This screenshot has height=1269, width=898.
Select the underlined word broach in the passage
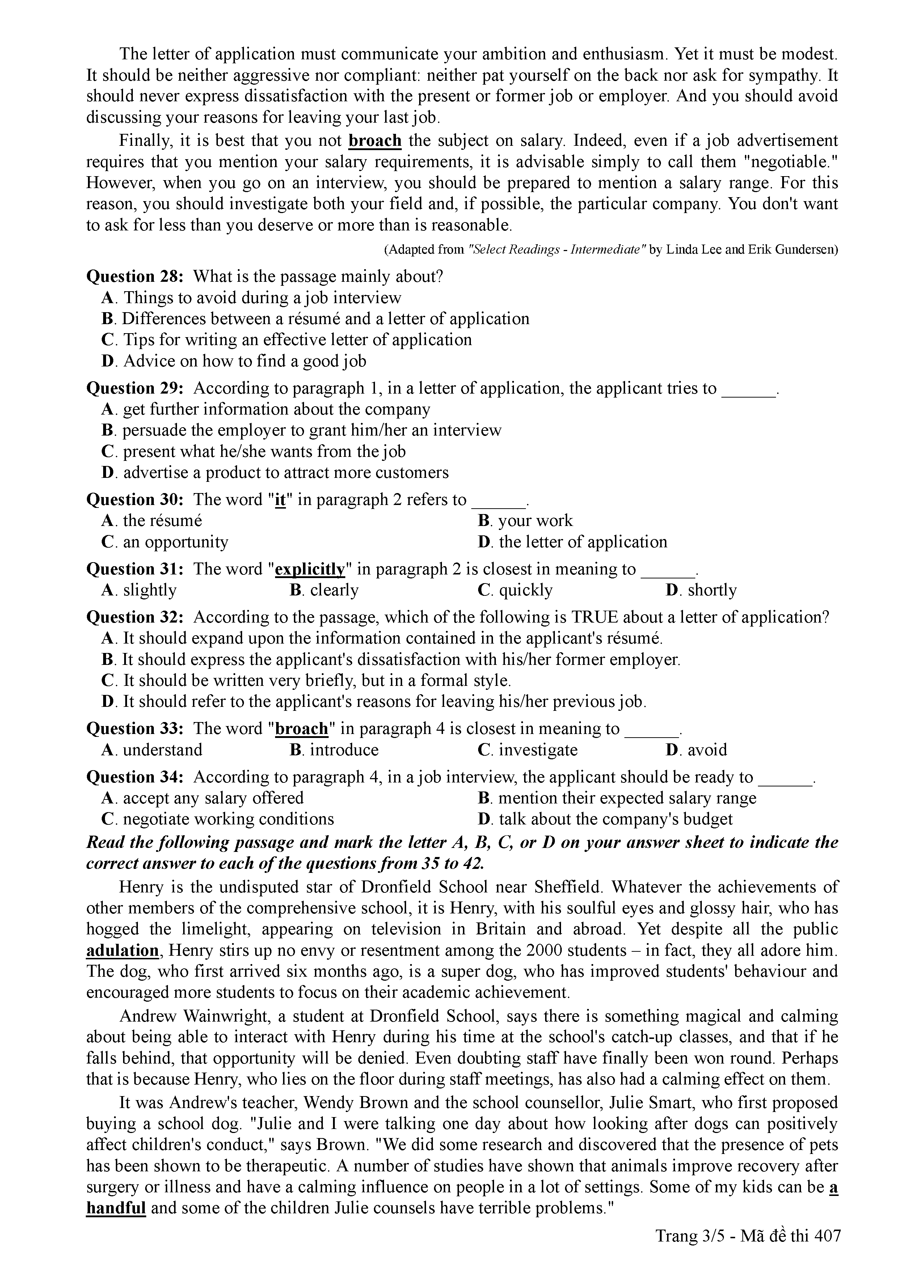(x=375, y=141)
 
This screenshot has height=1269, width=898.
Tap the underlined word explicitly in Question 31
(x=310, y=569)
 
